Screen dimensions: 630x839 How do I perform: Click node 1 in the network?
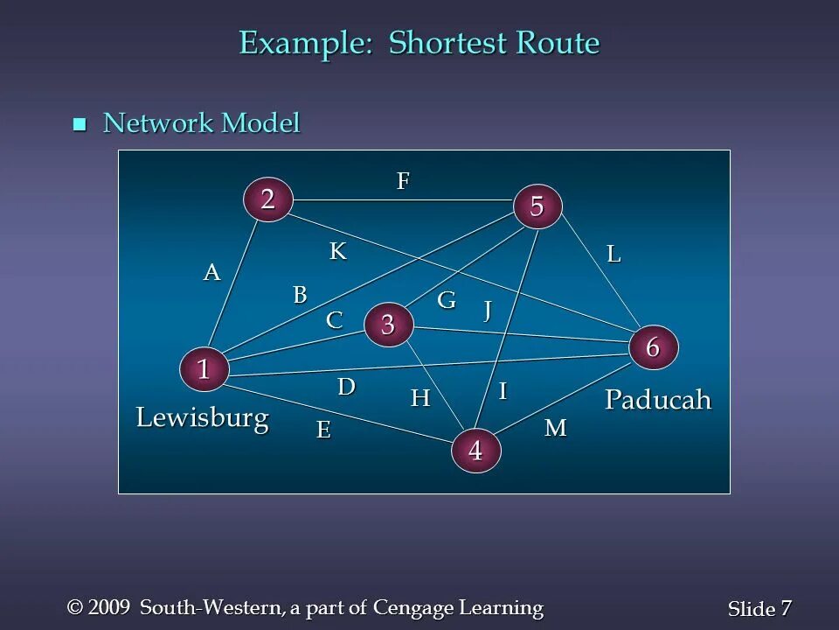click(204, 369)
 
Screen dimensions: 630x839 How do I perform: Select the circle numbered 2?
click(267, 199)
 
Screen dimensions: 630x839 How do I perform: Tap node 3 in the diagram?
click(387, 325)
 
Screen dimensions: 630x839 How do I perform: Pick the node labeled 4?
click(475, 451)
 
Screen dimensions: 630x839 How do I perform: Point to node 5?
click(537, 206)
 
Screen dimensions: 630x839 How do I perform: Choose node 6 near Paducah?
click(653, 347)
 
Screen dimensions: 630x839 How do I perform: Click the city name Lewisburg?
click(202, 418)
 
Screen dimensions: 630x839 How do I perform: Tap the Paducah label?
click(658, 400)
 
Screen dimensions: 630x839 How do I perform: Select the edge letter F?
click(403, 181)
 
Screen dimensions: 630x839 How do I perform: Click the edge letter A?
click(211, 273)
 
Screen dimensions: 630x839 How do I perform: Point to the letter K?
click(338, 252)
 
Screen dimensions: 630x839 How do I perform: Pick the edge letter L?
click(614, 255)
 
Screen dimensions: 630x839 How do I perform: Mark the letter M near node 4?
click(556, 429)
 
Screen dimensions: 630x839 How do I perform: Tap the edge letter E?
click(323, 430)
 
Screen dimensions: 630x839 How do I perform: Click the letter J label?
click(489, 310)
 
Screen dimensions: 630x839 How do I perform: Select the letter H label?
click(420, 399)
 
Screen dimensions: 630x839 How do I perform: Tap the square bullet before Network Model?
click(80, 124)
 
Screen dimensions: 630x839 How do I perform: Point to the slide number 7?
click(786, 608)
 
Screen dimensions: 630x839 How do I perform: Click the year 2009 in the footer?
click(110, 607)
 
